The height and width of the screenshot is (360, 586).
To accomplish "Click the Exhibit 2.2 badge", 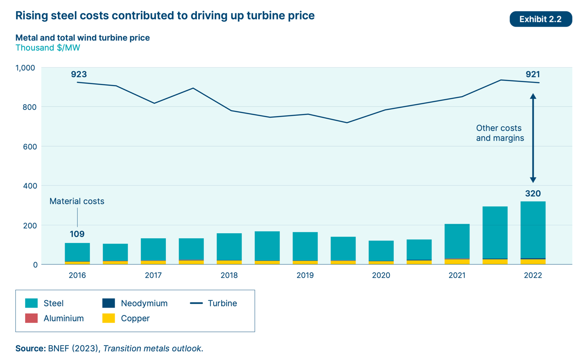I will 540,19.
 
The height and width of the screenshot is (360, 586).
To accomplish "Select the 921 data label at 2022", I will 532,74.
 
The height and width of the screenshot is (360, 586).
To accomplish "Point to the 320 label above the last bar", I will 532,194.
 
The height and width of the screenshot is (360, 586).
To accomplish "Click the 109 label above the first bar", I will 77,234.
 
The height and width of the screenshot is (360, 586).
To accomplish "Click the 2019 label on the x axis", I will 305,275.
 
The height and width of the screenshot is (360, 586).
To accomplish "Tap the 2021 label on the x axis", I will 457,275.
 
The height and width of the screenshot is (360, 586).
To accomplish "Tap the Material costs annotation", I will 77,201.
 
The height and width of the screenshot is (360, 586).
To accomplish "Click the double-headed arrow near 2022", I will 532,138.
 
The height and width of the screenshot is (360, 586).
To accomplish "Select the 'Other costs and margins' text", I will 498,133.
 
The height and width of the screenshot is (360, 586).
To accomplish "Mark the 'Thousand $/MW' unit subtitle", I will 48,48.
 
